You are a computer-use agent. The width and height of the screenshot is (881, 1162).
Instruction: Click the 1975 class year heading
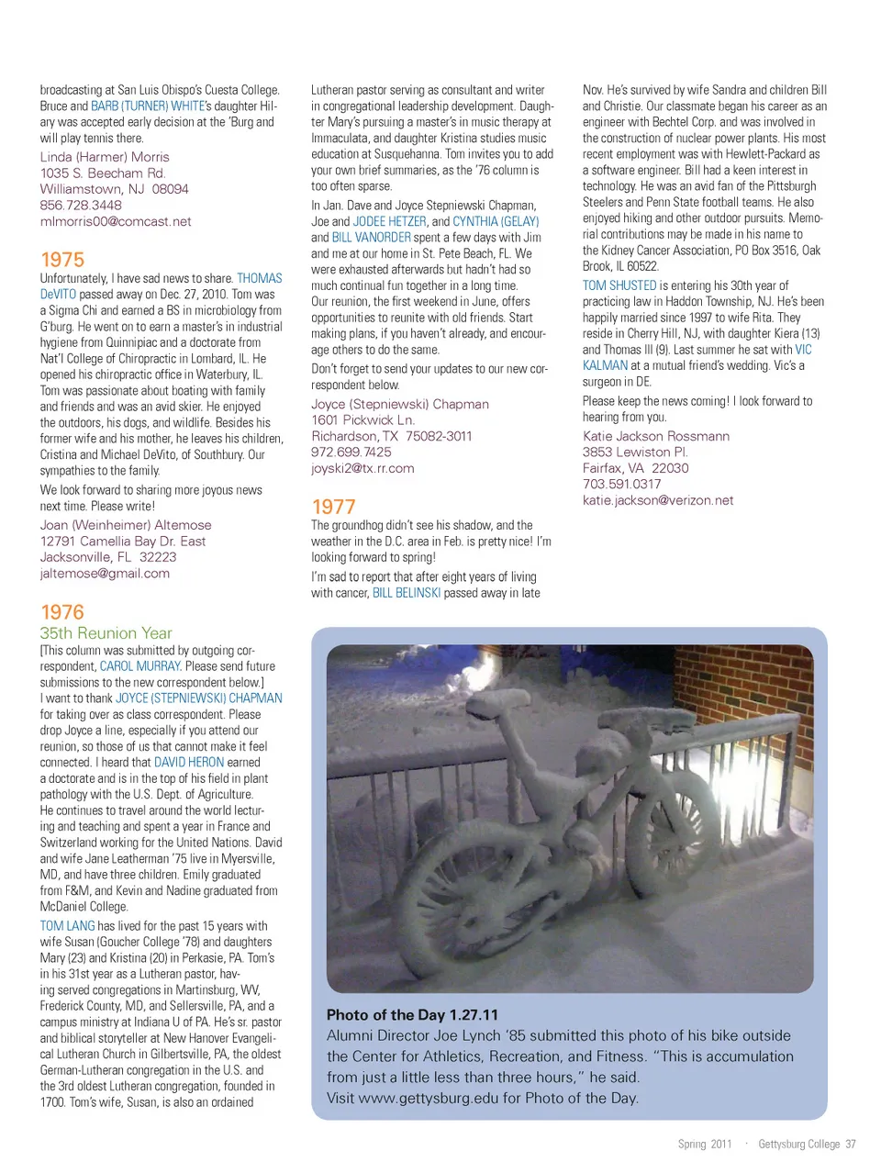point(62,260)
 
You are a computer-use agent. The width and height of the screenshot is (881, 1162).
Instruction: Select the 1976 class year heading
point(62,612)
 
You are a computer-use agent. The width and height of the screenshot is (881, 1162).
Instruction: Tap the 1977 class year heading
point(333,507)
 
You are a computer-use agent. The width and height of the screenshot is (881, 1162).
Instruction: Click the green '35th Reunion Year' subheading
point(106,633)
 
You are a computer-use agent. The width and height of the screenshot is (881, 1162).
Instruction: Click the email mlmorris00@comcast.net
point(116,221)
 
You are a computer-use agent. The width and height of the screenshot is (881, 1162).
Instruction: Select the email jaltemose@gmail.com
point(105,574)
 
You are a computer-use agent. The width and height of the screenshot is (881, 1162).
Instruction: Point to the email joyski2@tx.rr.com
point(362,468)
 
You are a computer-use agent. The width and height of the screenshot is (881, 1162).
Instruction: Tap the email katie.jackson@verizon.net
point(658,500)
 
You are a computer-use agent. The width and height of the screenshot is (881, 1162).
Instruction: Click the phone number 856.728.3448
point(81,206)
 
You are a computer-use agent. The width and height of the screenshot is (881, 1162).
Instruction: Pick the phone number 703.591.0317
point(621,484)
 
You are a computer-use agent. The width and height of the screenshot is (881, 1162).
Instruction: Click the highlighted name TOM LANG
point(67,926)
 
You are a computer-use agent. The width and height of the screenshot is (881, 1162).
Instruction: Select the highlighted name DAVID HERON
point(189,763)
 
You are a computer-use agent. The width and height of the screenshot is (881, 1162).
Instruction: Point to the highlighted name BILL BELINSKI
point(407,593)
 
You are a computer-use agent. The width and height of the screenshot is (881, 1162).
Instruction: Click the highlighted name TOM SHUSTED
point(619,285)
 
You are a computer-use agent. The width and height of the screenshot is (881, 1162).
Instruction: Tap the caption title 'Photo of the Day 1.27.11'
point(412,1015)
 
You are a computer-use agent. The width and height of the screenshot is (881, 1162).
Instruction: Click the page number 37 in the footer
point(851,1144)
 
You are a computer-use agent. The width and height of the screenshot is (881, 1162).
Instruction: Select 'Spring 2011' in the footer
point(705,1144)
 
